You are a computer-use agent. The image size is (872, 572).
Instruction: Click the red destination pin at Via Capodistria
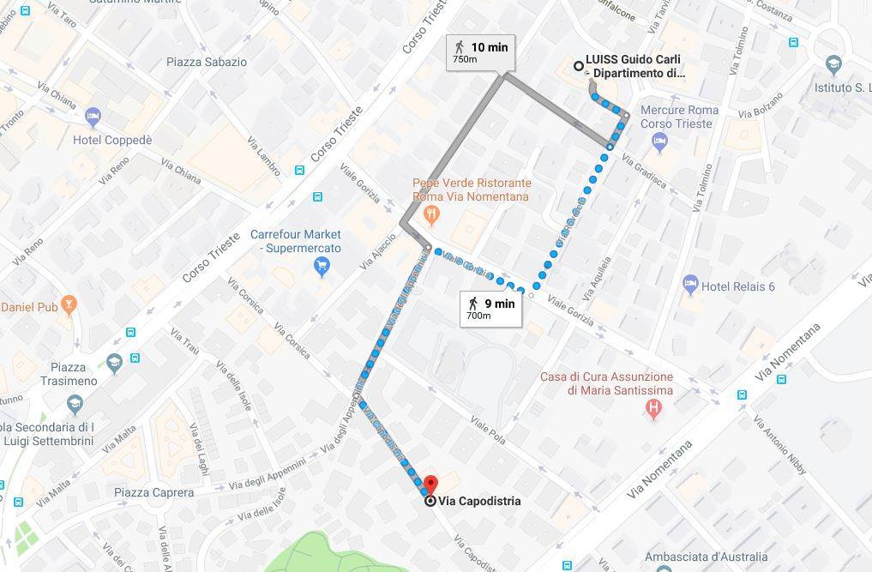[430, 485]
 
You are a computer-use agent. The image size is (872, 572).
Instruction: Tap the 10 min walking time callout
[481, 51]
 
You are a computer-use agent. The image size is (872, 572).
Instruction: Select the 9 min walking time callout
[490, 308]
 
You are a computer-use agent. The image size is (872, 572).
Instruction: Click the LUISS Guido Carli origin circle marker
[579, 65]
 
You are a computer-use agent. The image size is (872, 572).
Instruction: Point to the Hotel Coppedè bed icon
[93, 116]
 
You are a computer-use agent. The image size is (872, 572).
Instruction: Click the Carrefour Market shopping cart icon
[322, 267]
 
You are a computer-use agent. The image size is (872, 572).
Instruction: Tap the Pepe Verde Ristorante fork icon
[433, 212]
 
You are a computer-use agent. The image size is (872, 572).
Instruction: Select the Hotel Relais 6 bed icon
[689, 285]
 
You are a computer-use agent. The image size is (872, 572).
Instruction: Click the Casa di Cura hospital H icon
[653, 409]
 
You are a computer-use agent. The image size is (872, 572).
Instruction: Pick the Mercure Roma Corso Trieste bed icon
[659, 142]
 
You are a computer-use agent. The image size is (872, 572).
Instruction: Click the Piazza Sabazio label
[207, 62]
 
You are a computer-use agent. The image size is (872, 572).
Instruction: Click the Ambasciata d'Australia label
[706, 556]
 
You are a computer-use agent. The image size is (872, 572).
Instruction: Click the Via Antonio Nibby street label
[780, 444]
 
